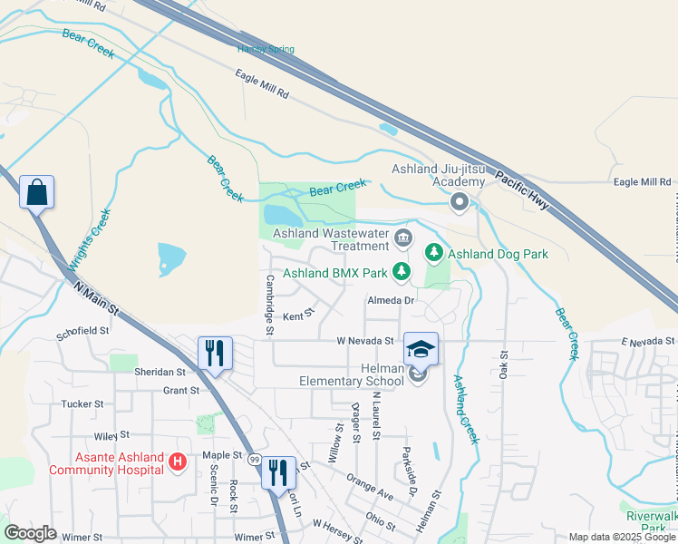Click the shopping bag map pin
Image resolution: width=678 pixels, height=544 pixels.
pyautogui.click(x=37, y=192)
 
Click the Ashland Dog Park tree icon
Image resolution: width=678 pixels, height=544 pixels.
pyautogui.click(x=435, y=254)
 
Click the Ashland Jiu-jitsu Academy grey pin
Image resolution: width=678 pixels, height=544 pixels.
pyautogui.click(x=460, y=203)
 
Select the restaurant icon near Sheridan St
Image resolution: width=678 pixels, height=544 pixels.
pyautogui.click(x=216, y=354)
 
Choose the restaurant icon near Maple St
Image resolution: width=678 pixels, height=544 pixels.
pyautogui.click(x=278, y=471)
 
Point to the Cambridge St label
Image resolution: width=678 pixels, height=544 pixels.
pyautogui.click(x=269, y=305)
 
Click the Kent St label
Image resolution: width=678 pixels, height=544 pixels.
pyautogui.click(x=297, y=316)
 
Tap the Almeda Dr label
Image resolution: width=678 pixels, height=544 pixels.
pyautogui.click(x=390, y=300)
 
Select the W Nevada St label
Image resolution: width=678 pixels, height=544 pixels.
pyautogui.click(x=364, y=341)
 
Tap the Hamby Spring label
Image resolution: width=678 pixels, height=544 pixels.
pyautogui.click(x=266, y=49)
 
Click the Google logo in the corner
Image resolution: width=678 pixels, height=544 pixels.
pyautogui.click(x=30, y=533)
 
